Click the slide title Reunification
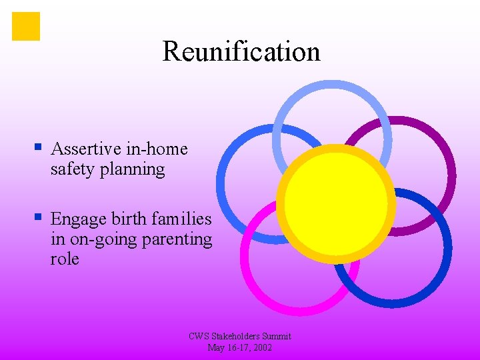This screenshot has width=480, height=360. (x=241, y=51)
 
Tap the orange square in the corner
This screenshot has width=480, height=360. (x=26, y=26)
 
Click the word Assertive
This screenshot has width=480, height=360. (x=86, y=149)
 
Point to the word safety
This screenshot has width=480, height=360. (x=73, y=169)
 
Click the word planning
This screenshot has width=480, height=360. (x=132, y=169)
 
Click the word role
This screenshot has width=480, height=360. (x=64, y=259)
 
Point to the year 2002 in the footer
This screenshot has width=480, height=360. (x=262, y=347)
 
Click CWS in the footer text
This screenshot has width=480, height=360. (x=199, y=337)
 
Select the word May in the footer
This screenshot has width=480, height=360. (x=217, y=347)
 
